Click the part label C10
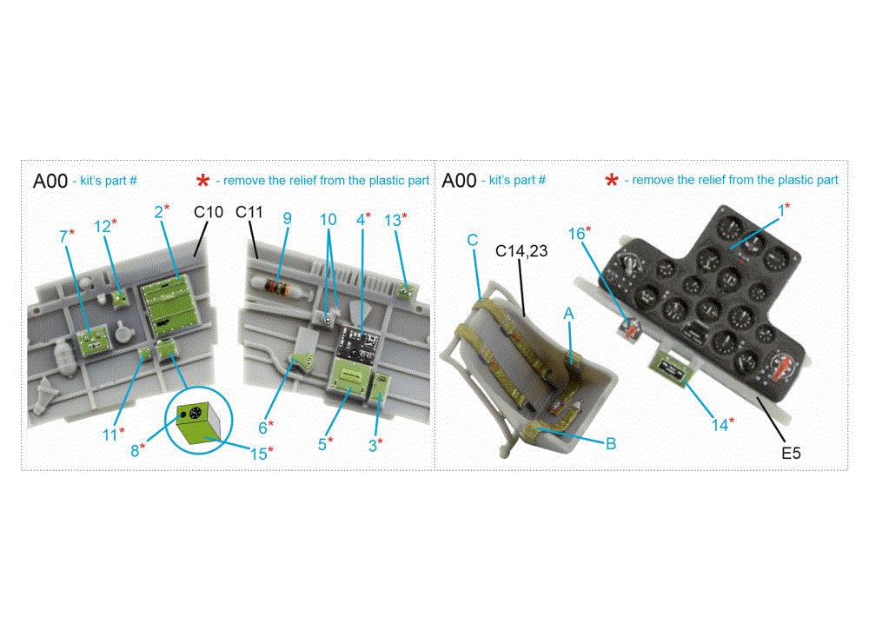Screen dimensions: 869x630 point(209,211)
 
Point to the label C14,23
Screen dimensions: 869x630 point(522,252)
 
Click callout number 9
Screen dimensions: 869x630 point(287,218)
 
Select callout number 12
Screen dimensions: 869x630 point(103,226)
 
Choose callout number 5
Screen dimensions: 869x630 point(322,443)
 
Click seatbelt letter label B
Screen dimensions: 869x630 point(610,443)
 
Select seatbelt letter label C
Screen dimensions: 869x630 point(473,239)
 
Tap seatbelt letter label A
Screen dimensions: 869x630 point(569,312)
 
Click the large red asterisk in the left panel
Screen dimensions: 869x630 point(202,181)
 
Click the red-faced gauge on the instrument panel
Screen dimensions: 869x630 point(782,369)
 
